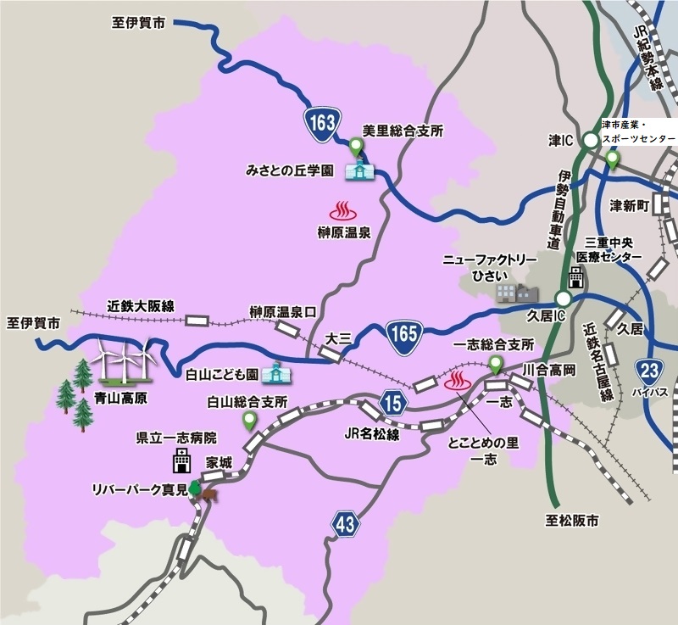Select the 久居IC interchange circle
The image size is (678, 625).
coord(563,299)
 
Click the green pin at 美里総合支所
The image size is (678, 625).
coord(357,147)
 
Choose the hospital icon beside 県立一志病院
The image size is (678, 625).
coord(181,461)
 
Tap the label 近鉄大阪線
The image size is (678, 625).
coord(141,305)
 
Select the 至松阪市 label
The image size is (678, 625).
coord(572,521)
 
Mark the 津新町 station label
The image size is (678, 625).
coord(630,206)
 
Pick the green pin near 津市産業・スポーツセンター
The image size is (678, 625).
coord(612,159)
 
